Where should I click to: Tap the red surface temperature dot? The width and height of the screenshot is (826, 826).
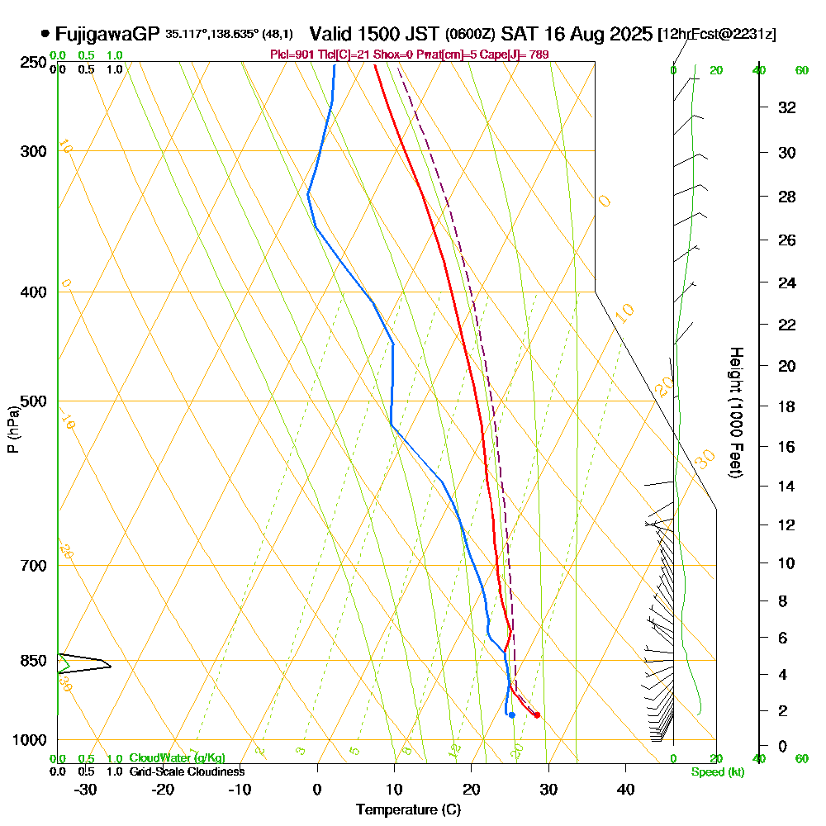(537, 714)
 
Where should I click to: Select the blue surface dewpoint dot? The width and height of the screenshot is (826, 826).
(512, 714)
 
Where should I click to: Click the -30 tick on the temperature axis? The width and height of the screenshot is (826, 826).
(86, 789)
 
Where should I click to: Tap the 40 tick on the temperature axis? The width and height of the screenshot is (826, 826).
(625, 789)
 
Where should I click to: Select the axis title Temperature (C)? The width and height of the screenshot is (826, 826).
(408, 810)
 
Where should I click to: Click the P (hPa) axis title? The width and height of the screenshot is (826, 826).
(12, 429)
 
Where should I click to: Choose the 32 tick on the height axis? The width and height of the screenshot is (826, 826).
(787, 107)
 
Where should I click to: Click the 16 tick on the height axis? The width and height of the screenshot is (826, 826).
(787, 447)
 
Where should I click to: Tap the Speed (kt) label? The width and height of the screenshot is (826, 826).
(715, 771)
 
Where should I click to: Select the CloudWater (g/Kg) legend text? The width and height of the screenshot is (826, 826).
(177, 758)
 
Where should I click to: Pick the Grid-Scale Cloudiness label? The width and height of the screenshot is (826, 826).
(187, 771)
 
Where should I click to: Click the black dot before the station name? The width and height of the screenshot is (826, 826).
(45, 35)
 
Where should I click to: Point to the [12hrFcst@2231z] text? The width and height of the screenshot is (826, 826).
(717, 35)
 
